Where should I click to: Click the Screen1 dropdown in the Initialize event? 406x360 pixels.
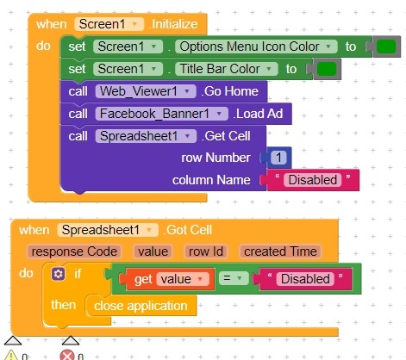109,24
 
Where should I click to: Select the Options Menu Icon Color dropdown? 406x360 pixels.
256,47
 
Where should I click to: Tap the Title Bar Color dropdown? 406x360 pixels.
227,69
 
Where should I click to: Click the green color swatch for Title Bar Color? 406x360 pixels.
327,69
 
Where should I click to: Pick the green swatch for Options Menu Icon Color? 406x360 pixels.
386,47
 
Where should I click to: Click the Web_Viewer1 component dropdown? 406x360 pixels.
146,91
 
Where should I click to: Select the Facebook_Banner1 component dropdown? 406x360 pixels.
162,114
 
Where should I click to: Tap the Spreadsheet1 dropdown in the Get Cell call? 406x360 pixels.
146,136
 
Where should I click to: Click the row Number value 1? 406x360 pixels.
278,158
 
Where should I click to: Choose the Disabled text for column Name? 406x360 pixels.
313,180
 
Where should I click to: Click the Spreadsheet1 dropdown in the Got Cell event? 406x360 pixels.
108,230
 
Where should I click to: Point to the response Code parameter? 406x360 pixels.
74,251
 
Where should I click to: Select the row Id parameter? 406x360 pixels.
206,251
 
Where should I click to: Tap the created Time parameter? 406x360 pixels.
280,251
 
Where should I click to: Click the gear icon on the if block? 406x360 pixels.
58,274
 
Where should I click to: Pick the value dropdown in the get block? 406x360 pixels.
183,279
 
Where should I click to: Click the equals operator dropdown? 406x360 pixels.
234,278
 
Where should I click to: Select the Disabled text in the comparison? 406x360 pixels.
305,279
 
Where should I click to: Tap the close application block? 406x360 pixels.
141,306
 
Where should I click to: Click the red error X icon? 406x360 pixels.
67,356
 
